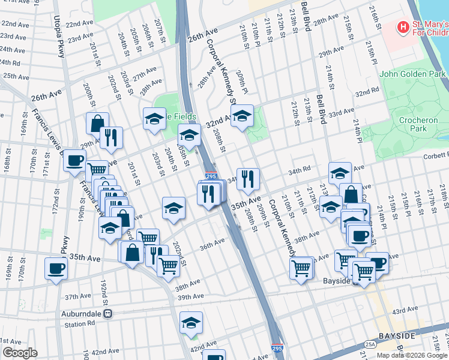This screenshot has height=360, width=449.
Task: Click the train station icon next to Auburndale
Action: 108,313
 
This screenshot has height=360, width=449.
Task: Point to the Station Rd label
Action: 80,324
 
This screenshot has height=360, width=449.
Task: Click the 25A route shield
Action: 370,344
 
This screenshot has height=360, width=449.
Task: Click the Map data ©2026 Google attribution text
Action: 412,355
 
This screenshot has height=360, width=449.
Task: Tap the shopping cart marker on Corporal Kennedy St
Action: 301,267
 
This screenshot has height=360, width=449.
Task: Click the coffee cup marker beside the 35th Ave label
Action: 56,268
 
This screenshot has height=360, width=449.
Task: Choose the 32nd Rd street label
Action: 367,94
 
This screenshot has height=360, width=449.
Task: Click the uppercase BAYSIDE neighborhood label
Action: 397,336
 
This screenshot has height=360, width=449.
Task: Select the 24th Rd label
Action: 9,63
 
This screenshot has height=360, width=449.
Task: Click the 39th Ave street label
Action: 190,296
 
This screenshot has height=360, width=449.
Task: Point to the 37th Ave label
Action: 78,296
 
